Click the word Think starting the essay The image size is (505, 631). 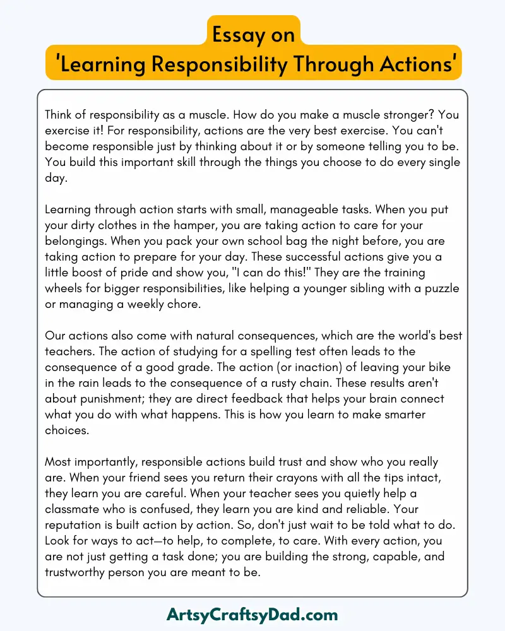pos(61,116)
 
